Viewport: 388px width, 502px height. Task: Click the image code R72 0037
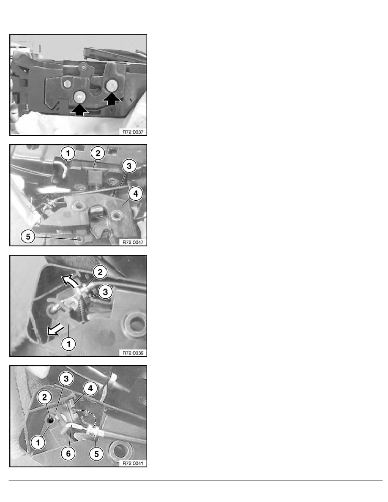coord(133,132)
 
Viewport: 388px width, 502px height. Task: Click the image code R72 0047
coord(133,243)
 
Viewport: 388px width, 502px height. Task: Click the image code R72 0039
coord(133,353)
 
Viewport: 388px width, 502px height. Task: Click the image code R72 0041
coord(133,463)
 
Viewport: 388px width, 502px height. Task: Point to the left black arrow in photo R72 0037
coord(79,110)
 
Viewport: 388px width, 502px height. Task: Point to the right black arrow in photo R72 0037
coord(112,99)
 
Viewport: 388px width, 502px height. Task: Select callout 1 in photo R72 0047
coord(68,154)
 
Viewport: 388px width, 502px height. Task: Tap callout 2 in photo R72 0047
coord(98,153)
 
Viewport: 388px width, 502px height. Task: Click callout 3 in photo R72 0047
coord(129,166)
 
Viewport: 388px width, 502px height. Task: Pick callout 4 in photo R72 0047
coord(136,194)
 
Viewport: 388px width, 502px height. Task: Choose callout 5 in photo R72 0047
coord(28,237)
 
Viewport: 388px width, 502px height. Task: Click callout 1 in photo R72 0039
coord(68,344)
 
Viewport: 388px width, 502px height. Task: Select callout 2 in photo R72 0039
coord(100,272)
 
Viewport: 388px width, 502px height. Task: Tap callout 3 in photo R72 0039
coord(105,292)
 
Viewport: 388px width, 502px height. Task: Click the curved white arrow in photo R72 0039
coord(69,280)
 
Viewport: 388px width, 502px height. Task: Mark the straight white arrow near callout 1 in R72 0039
coord(55,330)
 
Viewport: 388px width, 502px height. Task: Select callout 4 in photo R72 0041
coord(90,388)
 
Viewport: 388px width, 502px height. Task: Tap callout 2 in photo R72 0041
coord(44,397)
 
